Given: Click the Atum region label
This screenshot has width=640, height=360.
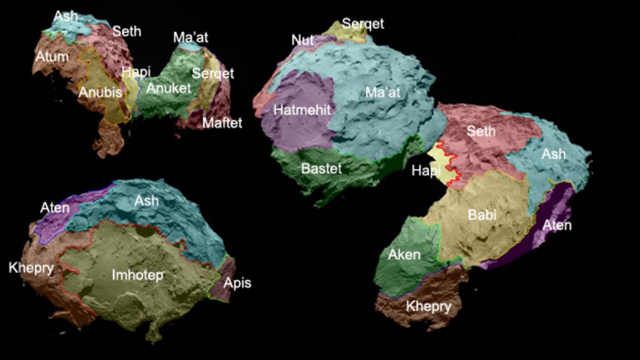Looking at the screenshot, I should (52, 56).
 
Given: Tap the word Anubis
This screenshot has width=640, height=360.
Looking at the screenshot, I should (100, 92).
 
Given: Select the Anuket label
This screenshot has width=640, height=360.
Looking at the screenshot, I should (169, 88).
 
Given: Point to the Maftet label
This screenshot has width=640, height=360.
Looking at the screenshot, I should (222, 123).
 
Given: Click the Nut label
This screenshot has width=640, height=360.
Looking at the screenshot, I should (303, 40).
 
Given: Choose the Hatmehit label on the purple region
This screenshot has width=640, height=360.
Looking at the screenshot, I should (302, 110).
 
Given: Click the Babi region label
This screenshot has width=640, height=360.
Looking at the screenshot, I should (482, 214).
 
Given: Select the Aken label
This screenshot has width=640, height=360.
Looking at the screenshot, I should (404, 255).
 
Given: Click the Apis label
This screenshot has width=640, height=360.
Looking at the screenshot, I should (237, 283).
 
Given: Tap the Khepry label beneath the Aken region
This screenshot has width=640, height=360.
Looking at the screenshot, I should (428, 306).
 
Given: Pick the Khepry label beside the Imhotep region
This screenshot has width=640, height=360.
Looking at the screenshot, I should (31, 268).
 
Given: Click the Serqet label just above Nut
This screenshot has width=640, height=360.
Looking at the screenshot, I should (363, 24).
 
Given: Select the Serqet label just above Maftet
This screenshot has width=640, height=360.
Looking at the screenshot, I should (212, 73).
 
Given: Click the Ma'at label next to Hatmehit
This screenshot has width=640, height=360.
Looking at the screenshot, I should (382, 92).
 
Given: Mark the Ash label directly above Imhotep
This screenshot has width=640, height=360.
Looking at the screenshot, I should (146, 201).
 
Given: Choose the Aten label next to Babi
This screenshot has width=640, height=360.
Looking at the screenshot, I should (557, 225).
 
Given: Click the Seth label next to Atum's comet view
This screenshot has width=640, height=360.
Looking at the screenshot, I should (127, 31).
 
